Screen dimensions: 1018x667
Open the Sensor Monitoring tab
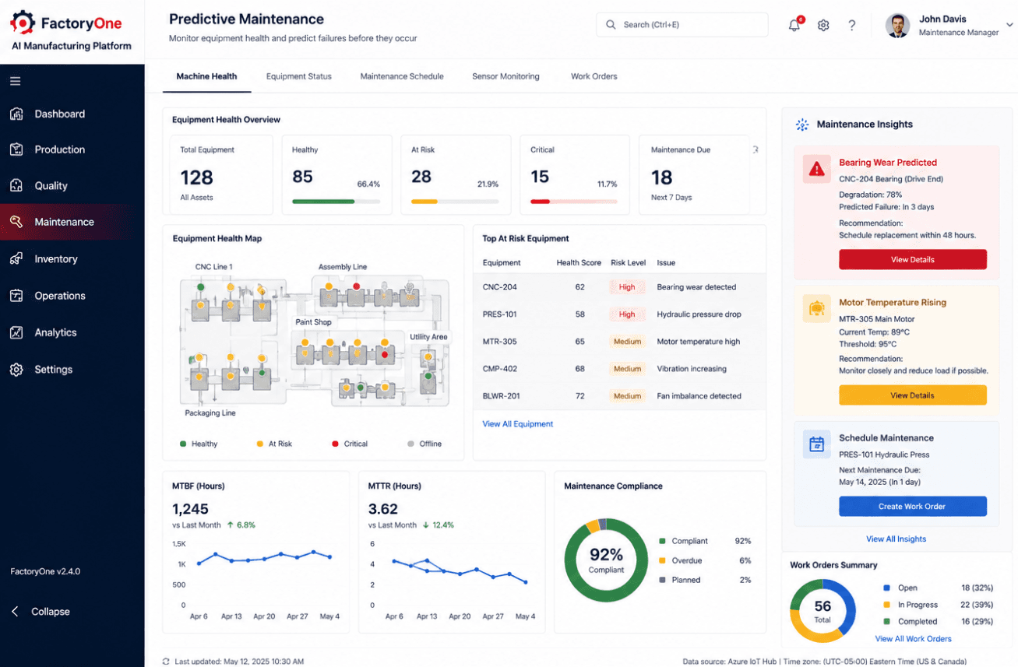505,76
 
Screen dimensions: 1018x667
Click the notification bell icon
794,25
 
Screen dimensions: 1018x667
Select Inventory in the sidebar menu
56,259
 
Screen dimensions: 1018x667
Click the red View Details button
913,259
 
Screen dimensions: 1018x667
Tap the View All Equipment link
518,423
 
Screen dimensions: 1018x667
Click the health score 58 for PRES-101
580,314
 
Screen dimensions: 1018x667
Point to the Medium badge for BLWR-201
627,396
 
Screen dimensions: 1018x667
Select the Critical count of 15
540,177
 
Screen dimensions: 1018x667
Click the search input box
682,25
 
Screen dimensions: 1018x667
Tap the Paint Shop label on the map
313,322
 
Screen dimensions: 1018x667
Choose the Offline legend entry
424,444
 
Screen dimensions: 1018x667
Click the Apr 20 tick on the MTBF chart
264,616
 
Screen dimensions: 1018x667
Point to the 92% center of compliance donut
606,554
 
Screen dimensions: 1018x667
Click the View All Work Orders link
913,639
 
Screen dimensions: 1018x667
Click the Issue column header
666,262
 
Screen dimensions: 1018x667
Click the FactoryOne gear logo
23,23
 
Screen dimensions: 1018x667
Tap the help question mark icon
852,25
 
